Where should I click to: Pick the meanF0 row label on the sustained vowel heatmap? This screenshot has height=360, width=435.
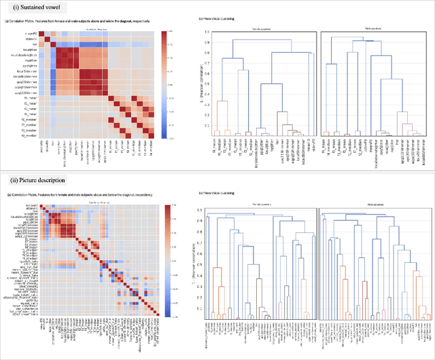(31, 33)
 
